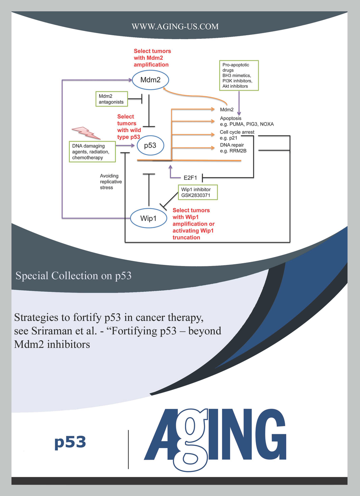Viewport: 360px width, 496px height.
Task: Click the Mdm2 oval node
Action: [150, 80]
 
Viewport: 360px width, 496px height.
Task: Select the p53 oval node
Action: [150, 145]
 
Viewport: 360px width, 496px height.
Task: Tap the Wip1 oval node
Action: [149, 218]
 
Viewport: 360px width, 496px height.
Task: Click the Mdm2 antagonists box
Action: [112, 99]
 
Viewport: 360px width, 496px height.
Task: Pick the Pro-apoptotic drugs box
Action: [239, 75]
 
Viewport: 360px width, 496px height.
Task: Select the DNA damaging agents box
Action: [92, 152]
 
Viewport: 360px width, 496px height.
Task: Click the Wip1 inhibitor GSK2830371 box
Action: [198, 192]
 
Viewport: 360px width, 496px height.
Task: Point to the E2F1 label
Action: [190, 178]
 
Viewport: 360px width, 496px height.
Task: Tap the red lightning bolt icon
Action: [86, 133]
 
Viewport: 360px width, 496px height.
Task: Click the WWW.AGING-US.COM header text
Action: [175, 26]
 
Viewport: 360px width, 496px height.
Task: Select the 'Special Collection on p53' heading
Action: [73, 276]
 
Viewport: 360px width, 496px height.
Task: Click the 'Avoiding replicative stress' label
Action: [111, 182]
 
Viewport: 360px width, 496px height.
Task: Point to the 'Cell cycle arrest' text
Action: [237, 132]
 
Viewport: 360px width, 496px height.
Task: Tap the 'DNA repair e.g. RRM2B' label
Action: [233, 148]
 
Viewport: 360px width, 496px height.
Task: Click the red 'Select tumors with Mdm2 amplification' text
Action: [152, 58]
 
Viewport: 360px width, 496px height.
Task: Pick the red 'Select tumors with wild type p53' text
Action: [129, 127]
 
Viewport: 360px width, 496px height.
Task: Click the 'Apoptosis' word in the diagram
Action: [230, 118]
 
